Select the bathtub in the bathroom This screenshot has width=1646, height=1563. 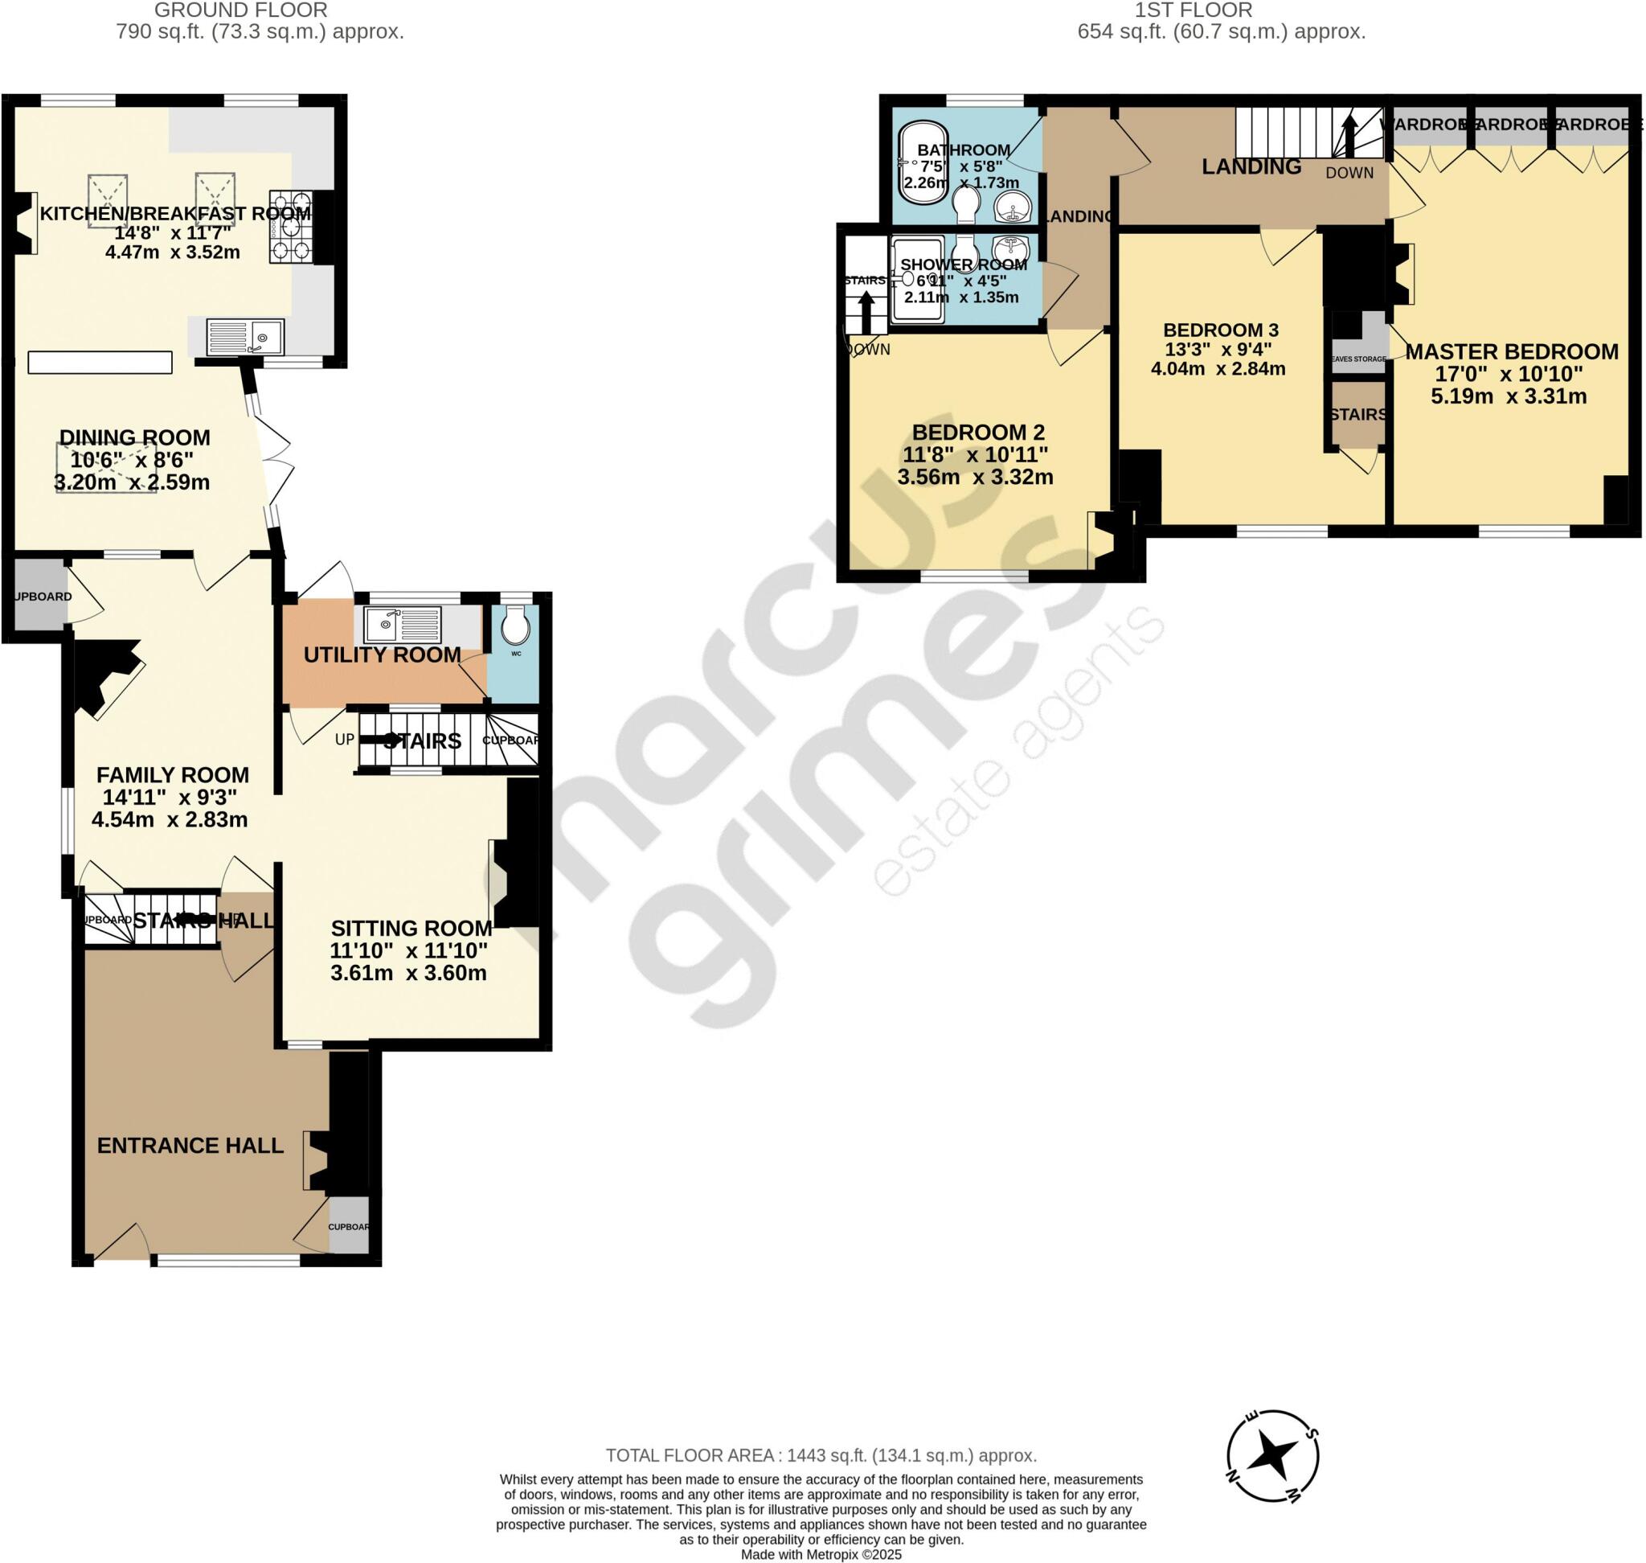pos(922,164)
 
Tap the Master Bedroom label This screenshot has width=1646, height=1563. pos(1511,351)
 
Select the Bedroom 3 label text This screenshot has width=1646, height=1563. pos(1220,330)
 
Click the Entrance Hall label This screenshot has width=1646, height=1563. pos(190,1146)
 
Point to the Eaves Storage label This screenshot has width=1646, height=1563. pos(1357,359)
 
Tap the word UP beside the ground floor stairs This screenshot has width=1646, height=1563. pos(344,740)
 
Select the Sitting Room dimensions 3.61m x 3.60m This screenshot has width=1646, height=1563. pos(408,973)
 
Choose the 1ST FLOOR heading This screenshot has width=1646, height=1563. pos(1221,10)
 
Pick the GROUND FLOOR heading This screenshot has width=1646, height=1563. pos(241,10)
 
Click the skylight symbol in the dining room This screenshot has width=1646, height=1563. pos(106,466)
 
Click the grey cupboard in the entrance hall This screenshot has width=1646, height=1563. pos(348,1225)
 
